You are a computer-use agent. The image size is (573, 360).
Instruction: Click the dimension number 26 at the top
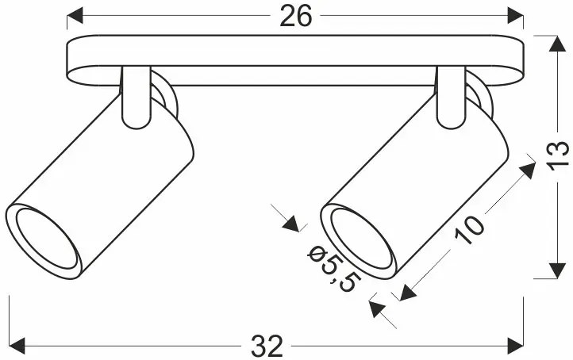(294, 16)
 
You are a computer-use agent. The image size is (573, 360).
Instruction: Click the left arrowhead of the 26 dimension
(74, 15)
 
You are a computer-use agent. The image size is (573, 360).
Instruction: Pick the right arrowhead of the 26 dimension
(516, 15)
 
